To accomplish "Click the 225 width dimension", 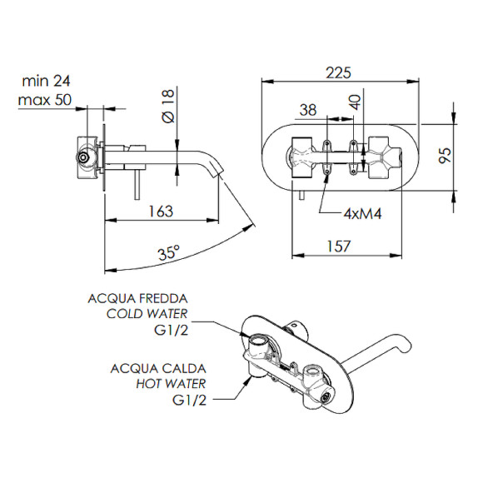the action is (x=338, y=73).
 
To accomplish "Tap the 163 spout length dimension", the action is (x=161, y=212).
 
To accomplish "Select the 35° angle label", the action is (x=169, y=252).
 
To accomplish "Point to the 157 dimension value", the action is (x=339, y=246).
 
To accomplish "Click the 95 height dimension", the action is (x=445, y=155).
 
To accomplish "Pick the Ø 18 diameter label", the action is (x=168, y=106).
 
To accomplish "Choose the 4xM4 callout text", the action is (x=362, y=213).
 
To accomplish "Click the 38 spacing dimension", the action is (x=308, y=110).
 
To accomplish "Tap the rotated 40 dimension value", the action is (x=355, y=102).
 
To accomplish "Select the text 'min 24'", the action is (x=46, y=81).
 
